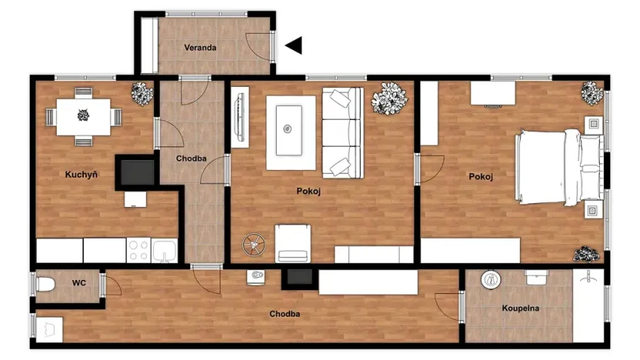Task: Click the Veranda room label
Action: click(200, 48)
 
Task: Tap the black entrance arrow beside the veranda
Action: click(294, 46)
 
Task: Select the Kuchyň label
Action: click(81, 175)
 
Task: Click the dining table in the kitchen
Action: click(84, 116)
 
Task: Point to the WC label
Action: click(78, 283)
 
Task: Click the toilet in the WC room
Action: click(45, 285)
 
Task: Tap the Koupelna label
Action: click(521, 308)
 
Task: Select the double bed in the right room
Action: click(559, 167)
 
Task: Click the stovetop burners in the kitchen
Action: click(138, 250)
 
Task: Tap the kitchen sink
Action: click(165, 250)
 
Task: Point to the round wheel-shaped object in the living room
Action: click(252, 245)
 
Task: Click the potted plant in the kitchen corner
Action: click(142, 94)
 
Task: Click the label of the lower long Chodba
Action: click(284, 314)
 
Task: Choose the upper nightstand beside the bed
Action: click(593, 124)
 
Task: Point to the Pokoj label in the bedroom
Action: click(480, 177)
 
